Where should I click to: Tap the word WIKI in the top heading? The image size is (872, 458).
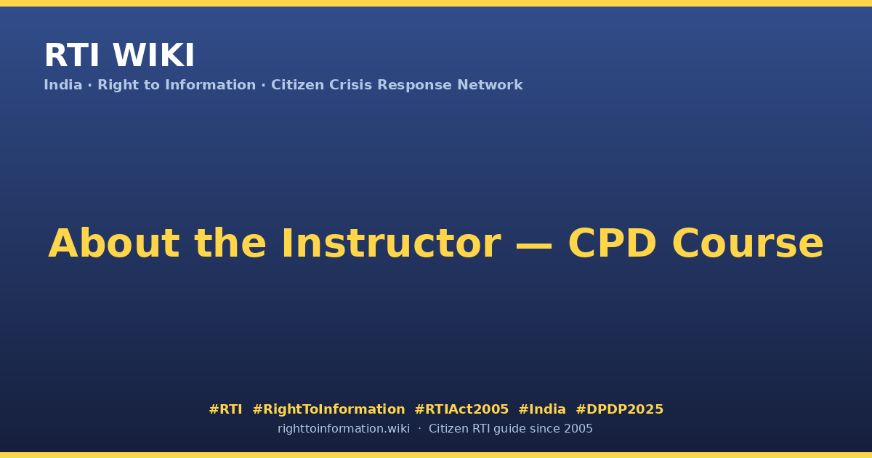coord(153,55)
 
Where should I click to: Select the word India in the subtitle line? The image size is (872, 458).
coord(63,85)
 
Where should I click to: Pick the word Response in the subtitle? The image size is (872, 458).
coord(415,85)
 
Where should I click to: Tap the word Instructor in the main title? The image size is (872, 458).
coord(391,243)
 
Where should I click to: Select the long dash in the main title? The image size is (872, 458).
coord(533,245)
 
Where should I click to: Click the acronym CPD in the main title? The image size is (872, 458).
coord(613,243)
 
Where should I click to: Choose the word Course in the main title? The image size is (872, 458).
coord(748,243)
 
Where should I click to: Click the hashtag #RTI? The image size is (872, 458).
coord(225,409)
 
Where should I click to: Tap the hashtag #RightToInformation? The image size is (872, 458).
coord(328,409)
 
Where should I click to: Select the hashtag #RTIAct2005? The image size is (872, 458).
coord(461,409)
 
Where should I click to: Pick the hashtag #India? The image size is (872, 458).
coord(542,409)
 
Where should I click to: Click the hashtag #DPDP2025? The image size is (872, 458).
coord(619,409)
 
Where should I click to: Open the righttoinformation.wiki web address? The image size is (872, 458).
coord(344,429)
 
